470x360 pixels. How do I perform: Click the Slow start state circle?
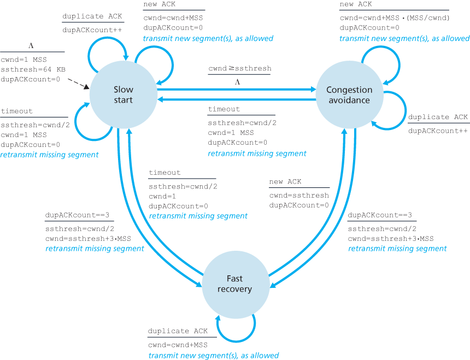[x=122, y=95]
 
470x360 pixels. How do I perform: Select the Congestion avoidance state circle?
[x=349, y=95]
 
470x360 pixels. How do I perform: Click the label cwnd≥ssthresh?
[x=239, y=69]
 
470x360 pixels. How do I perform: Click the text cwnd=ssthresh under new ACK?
[x=299, y=196]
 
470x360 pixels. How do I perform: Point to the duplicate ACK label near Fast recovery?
[x=178, y=331]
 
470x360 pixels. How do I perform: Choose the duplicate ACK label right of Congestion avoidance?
[x=438, y=117]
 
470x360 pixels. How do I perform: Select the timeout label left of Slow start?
[x=17, y=111]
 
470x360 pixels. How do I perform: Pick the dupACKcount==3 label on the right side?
[x=380, y=215]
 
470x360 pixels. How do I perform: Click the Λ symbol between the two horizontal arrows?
[x=238, y=81]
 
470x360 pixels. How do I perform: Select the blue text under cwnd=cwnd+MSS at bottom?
[x=213, y=355]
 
